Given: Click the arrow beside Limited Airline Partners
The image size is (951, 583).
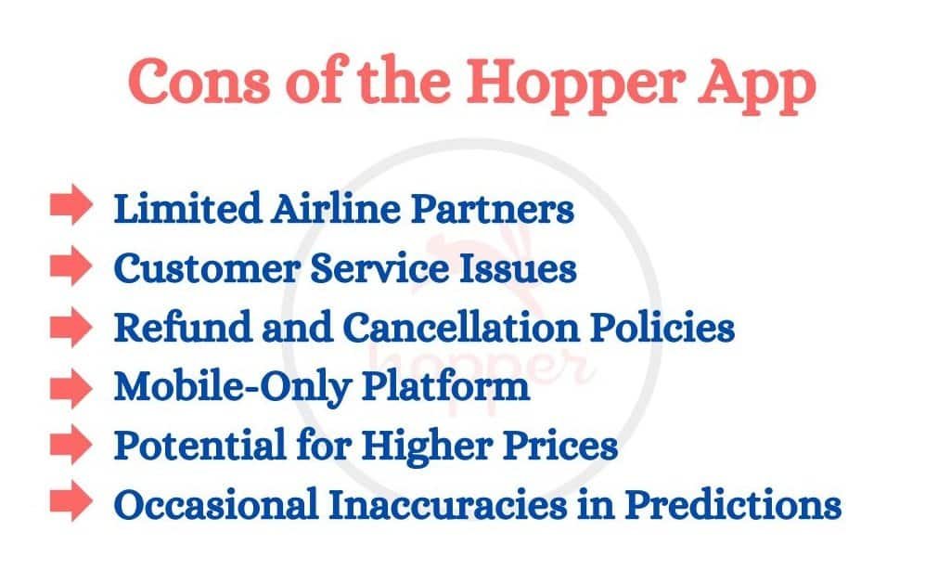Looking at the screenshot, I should [71, 208].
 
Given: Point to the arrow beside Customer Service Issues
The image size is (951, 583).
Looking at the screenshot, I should [71, 268].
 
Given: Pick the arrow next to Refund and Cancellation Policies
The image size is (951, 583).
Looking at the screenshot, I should [71, 327].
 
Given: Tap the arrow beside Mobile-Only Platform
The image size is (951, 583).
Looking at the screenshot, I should [71, 386].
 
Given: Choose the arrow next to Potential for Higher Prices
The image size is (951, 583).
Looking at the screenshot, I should [71, 446].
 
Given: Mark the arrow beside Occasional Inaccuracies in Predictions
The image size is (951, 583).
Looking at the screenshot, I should [71, 504].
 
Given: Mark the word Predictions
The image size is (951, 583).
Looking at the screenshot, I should [733, 506].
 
